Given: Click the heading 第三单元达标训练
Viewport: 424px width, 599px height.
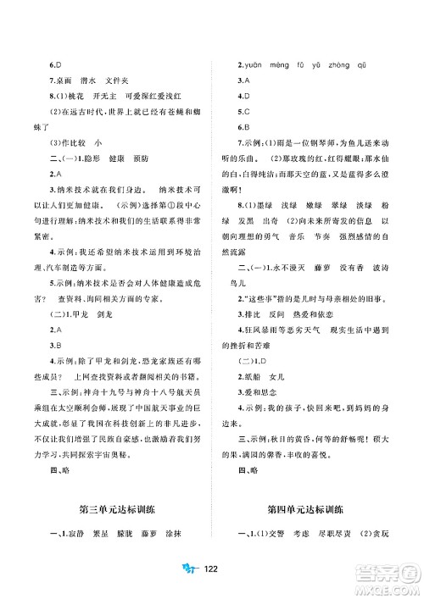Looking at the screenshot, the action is [x=114, y=509].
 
